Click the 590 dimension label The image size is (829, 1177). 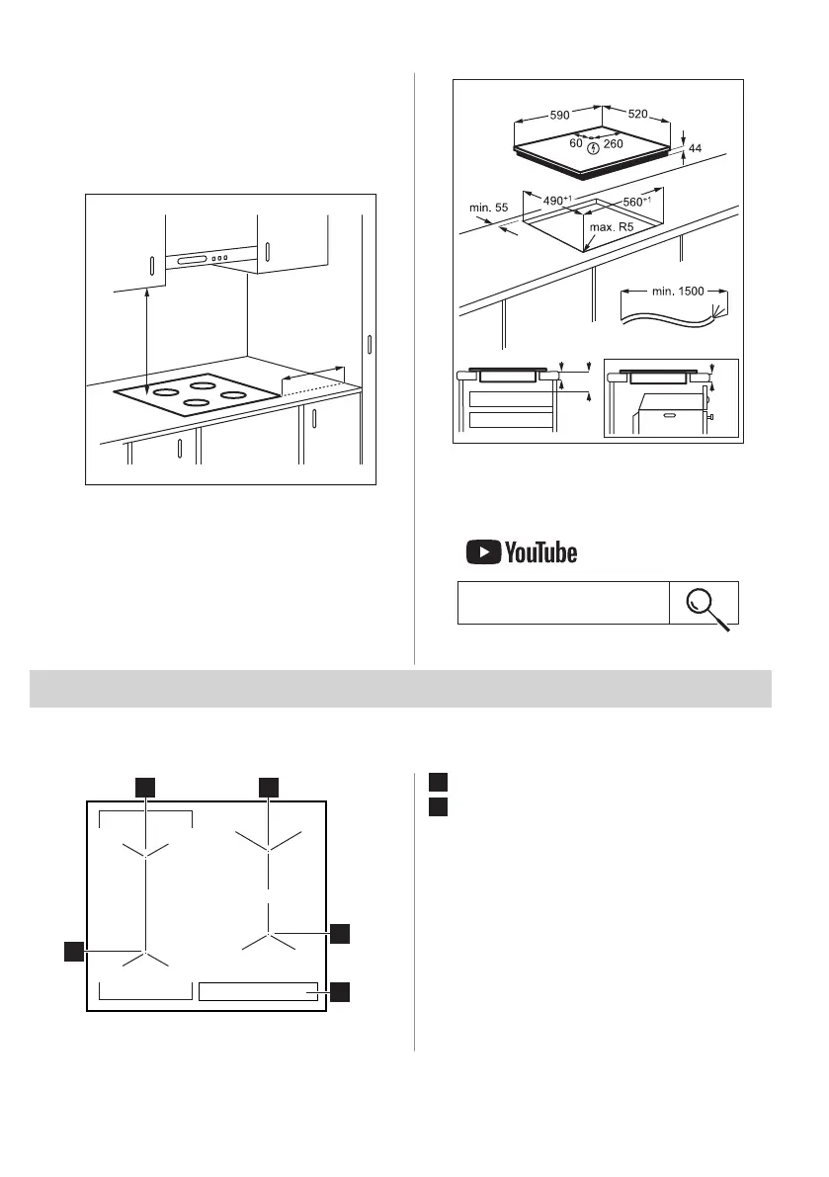(559, 115)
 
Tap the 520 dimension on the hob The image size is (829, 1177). (637, 115)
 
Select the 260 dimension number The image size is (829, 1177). (614, 144)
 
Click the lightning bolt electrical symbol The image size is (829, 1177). (593, 148)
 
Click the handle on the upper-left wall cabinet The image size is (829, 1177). (151, 267)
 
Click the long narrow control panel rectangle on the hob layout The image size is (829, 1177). (258, 992)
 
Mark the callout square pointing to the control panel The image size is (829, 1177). (340, 991)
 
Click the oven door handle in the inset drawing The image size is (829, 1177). (669, 415)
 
